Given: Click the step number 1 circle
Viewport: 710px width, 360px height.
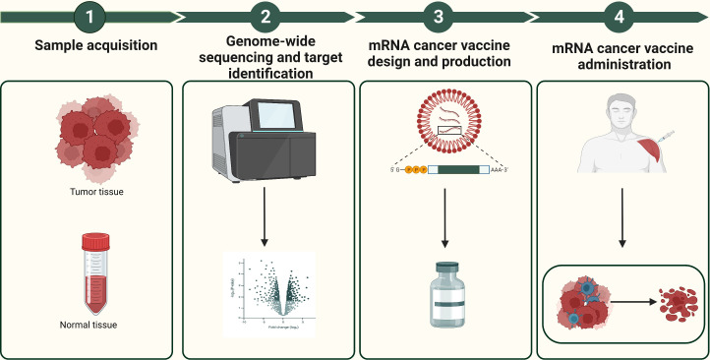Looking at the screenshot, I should tap(89, 17).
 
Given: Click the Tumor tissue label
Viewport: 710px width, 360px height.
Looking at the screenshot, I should tap(89, 192).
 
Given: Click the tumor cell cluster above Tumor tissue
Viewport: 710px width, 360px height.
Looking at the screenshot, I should tap(89, 143).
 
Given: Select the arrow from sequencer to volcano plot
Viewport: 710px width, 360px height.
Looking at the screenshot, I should tap(266, 212).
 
